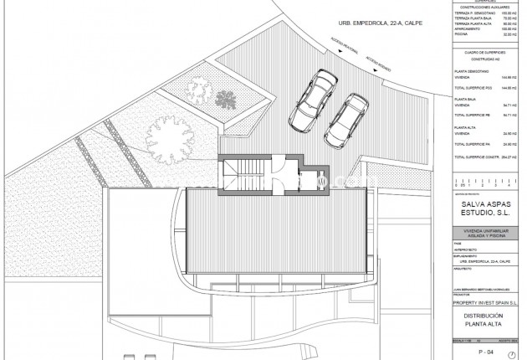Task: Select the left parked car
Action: (311, 98)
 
